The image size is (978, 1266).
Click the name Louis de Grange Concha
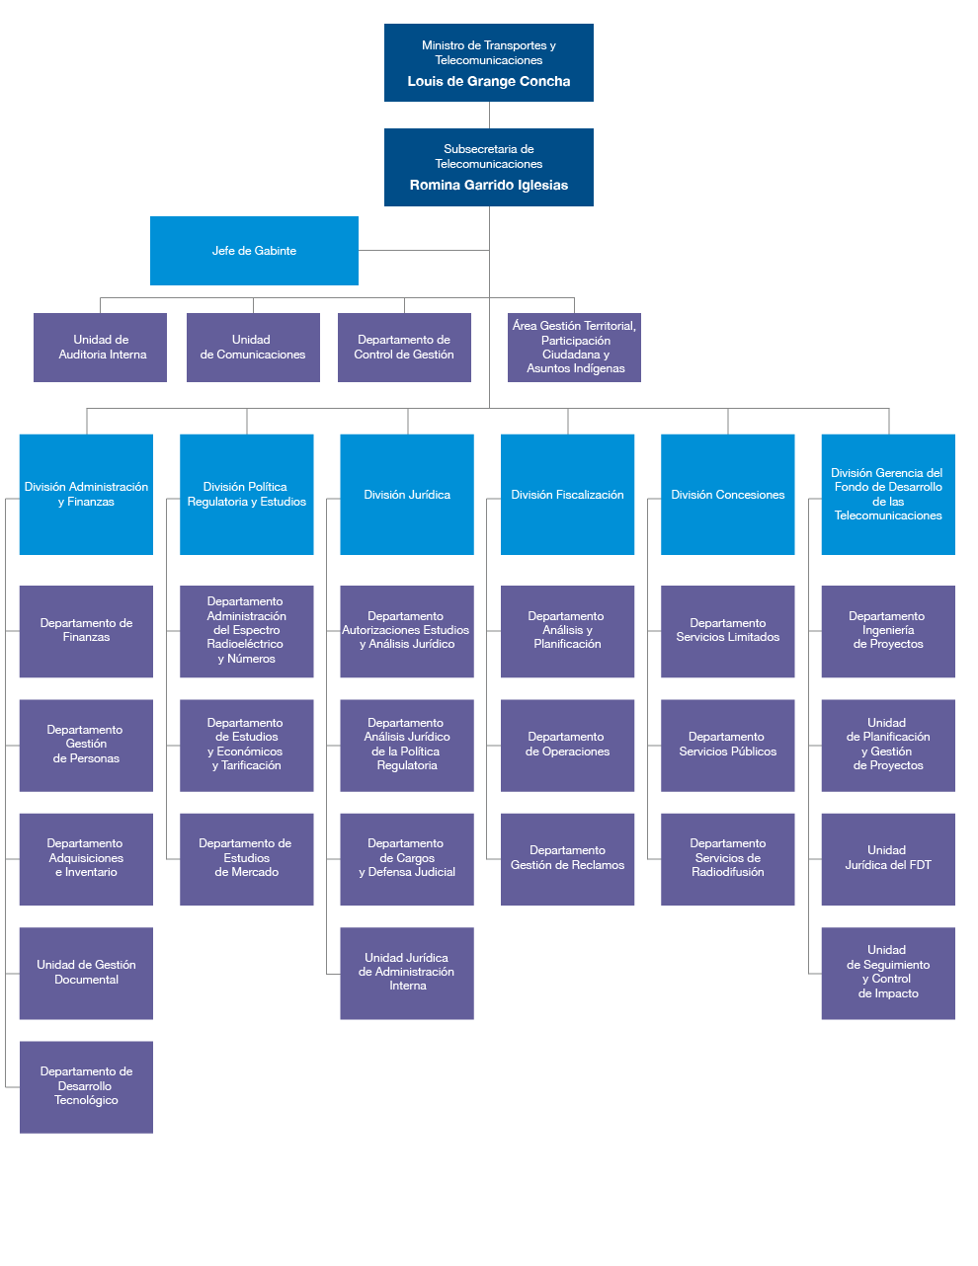point(488,82)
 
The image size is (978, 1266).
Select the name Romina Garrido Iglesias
point(488,186)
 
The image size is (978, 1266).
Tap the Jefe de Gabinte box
point(254,251)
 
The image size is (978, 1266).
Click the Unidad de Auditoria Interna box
point(101,348)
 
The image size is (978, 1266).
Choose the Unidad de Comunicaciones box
point(253,348)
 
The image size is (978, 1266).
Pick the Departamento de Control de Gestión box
point(404,348)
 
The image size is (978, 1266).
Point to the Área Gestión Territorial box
point(574,348)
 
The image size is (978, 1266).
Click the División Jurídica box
point(407,495)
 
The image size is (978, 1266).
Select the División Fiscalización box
point(567,495)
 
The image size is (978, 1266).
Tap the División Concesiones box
point(728,495)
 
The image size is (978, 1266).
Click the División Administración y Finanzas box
point(86,495)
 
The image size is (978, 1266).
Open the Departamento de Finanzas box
point(86,631)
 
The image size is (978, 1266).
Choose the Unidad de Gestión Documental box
point(86,973)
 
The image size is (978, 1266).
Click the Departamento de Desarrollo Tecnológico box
point(86,1086)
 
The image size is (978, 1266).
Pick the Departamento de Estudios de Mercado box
point(246,859)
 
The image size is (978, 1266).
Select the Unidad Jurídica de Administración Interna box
point(407,973)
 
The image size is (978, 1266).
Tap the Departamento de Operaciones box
point(567,746)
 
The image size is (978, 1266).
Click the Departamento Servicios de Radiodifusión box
point(728,859)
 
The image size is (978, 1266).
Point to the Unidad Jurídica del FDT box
point(888,859)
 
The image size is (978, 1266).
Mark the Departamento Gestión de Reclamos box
point(567,859)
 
